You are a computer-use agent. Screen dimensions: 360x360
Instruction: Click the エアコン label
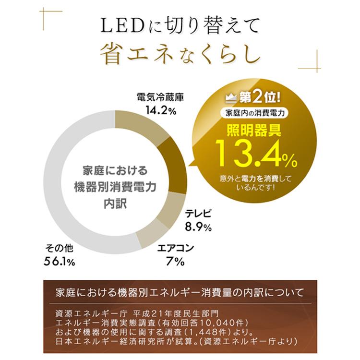point(176,248)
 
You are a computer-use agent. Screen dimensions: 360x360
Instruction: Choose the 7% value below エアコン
point(176,261)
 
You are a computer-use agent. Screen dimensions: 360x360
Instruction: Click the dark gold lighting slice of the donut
point(174,164)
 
